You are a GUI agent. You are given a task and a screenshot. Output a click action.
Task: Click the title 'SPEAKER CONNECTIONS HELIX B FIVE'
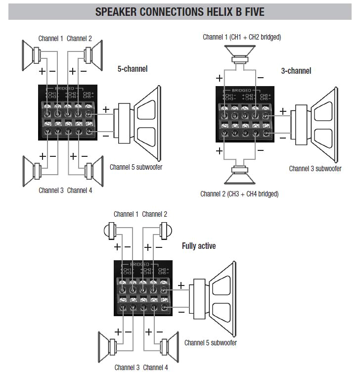180,11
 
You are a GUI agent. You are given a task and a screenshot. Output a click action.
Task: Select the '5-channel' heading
133,69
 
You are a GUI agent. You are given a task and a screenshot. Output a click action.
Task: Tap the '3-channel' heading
296,71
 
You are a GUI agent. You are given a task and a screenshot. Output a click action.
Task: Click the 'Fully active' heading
199,245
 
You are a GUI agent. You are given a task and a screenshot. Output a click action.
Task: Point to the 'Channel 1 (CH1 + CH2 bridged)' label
242,37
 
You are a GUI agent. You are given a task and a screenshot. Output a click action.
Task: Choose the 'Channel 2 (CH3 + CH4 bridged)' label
239,193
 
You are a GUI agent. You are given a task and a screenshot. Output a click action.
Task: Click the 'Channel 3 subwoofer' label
315,169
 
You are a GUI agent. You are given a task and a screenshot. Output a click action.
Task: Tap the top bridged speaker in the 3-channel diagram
241,53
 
